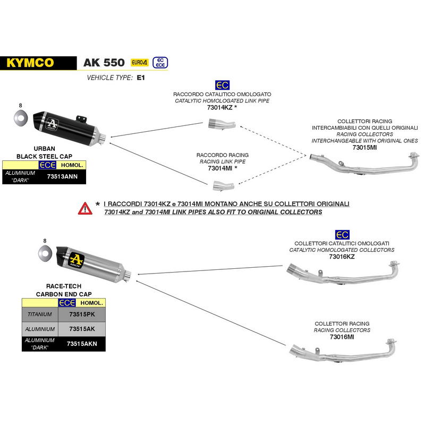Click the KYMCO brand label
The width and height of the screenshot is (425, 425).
(30, 63)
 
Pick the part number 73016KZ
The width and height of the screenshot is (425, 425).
(342, 257)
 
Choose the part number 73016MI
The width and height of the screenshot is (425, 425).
(342, 337)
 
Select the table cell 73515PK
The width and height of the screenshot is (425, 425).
(82, 314)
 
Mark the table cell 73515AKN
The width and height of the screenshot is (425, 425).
(82, 344)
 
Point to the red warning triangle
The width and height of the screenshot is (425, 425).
(85, 208)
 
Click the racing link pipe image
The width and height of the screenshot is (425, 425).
(219, 184)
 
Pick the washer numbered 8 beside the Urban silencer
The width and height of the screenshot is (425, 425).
(21, 117)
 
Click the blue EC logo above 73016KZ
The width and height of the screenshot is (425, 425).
(342, 234)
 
